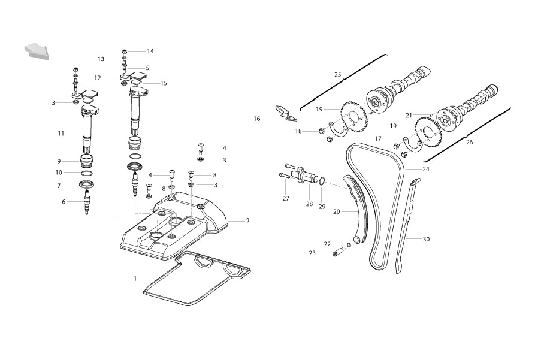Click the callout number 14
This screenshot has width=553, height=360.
(x=150, y=51)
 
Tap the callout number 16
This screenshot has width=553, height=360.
(x=257, y=119)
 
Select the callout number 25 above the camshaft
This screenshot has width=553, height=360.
(x=338, y=75)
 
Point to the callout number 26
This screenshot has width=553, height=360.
(x=469, y=143)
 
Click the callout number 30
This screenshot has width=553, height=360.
(x=426, y=239)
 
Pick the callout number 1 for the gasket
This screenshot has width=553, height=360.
(x=135, y=279)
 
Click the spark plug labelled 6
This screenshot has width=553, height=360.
(x=86, y=202)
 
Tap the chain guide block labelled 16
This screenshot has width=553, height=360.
(x=285, y=112)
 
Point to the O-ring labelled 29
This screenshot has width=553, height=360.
(x=322, y=181)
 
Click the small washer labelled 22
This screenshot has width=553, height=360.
(x=349, y=245)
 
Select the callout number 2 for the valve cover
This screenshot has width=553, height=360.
(x=247, y=221)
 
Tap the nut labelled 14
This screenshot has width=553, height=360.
(x=124, y=52)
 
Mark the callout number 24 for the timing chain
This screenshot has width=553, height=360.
(x=426, y=170)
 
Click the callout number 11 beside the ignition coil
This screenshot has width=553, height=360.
(x=61, y=134)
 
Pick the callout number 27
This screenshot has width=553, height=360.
(x=286, y=198)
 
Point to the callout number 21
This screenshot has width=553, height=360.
(x=409, y=115)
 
